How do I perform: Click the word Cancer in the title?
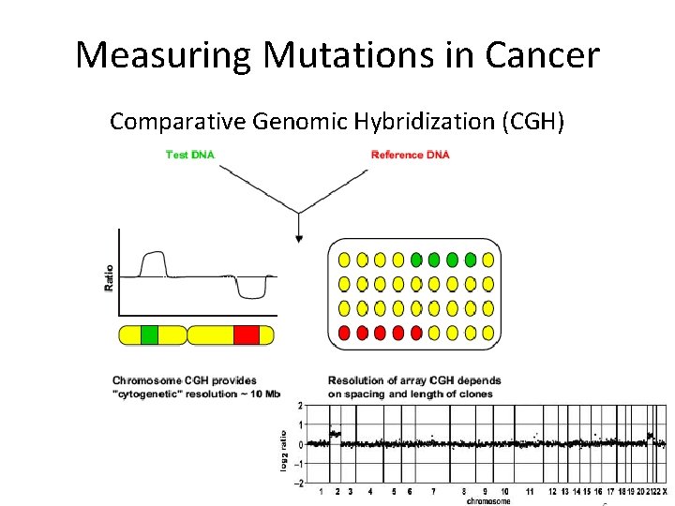point(542,55)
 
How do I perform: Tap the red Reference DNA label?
point(410,155)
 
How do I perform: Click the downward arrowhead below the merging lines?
point(299,239)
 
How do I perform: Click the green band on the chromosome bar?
point(150,335)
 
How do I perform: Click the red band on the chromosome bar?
point(247,335)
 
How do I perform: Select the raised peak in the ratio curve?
point(153,265)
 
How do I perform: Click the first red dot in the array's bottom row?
point(344,333)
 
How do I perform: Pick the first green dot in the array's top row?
point(416,260)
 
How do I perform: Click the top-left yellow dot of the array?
point(344,260)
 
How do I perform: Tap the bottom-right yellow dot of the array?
point(488,333)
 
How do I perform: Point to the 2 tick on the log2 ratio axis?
point(299,406)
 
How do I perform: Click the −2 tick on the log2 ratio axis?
point(298,483)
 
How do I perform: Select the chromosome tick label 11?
point(530,491)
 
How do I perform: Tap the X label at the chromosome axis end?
point(665,491)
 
